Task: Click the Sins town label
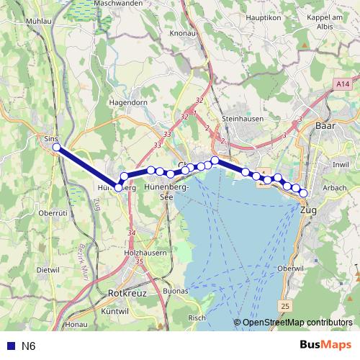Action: [50, 136]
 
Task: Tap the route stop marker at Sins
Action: [57, 148]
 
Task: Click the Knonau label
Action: [183, 33]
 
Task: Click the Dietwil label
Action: [48, 270]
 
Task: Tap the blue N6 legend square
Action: [10, 346]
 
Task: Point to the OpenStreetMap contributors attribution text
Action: [297, 323]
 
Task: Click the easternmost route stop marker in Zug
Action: [304, 193]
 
